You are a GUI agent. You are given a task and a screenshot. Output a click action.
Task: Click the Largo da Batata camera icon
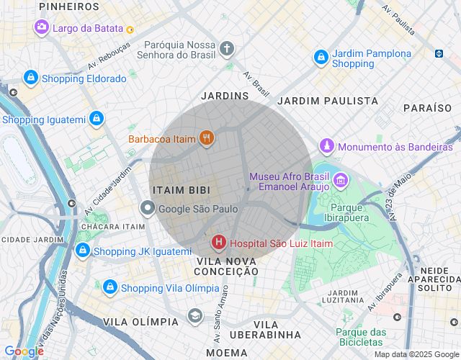coord(42,27)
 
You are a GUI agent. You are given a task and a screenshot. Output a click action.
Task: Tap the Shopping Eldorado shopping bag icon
coord(30,77)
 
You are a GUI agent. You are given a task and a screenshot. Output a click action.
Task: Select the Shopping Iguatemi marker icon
coord(96,119)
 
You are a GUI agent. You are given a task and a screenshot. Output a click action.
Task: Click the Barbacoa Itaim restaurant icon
coord(206,138)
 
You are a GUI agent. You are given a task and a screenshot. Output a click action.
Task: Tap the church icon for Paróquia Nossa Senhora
coord(227,49)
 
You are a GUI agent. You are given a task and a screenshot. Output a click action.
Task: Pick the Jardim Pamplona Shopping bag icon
coord(321,57)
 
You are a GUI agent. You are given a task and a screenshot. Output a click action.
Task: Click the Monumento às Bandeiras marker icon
coord(327,146)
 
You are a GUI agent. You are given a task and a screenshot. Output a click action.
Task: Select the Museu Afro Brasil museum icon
coord(341,179)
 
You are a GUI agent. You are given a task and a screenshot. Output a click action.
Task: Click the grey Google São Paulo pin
coord(147,209)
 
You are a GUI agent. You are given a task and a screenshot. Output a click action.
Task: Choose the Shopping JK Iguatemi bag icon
coord(82,251)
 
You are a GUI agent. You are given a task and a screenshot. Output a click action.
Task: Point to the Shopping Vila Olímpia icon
coord(109,287)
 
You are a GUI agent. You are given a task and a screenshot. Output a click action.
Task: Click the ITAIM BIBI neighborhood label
coord(181,189)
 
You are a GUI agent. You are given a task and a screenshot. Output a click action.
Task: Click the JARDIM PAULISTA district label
coord(328,101)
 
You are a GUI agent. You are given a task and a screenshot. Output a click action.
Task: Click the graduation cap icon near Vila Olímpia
coord(195,315)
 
